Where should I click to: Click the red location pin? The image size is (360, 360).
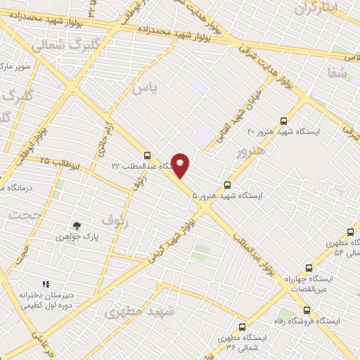[x=181, y=165]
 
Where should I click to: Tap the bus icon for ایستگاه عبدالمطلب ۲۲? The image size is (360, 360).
[x=146, y=155]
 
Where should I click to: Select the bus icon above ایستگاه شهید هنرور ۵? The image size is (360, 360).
[x=226, y=185]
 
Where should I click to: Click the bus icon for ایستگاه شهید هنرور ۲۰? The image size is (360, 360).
[x=283, y=120]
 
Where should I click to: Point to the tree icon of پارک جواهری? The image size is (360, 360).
[x=77, y=226]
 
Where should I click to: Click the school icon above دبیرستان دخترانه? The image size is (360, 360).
[x=46, y=284]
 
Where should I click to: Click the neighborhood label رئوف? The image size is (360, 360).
[x=116, y=220]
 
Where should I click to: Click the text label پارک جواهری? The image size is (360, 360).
[x=79, y=238]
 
